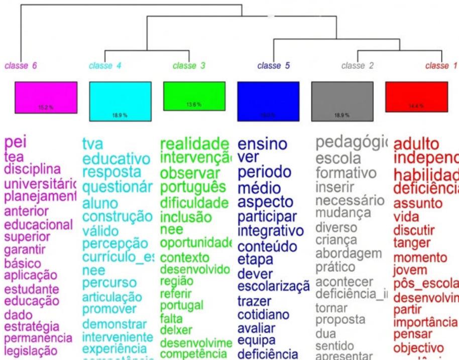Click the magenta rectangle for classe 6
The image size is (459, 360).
[x=46, y=97]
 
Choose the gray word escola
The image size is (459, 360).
[x=338, y=159]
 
